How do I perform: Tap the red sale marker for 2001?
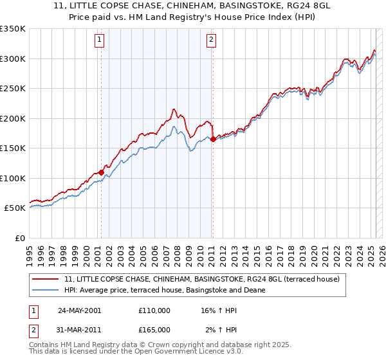point(102,172)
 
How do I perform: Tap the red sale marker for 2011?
point(213,139)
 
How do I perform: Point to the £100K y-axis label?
point(13,178)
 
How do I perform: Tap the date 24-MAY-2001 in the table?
point(79,310)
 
